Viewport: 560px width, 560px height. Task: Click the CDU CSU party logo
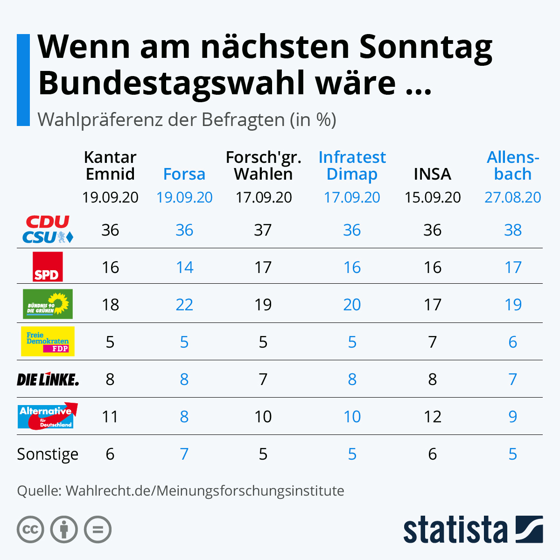(x=48, y=230)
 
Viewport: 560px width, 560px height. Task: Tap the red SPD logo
(x=48, y=267)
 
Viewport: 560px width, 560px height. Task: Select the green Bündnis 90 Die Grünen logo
(x=48, y=304)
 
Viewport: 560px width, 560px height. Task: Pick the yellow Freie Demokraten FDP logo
(x=48, y=342)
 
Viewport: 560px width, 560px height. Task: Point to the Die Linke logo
(x=48, y=379)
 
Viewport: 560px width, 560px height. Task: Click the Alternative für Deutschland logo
(x=48, y=416)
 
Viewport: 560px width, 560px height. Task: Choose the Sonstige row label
(x=48, y=454)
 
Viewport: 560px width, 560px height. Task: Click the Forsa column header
(x=184, y=174)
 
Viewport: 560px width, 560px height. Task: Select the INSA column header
(x=433, y=174)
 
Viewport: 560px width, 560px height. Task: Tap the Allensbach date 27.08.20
(x=513, y=197)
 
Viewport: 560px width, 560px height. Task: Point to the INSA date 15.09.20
(x=433, y=197)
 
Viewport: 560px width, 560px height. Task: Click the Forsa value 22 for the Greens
(x=184, y=305)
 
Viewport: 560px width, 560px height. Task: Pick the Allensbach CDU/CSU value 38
(x=513, y=230)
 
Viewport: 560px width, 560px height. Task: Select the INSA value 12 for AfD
(x=433, y=417)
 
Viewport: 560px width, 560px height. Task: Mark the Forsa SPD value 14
(x=184, y=267)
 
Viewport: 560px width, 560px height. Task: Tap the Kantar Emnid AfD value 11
(x=110, y=417)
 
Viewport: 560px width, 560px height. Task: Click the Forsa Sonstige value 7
(x=184, y=454)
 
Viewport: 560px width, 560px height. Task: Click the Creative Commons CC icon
(x=30, y=530)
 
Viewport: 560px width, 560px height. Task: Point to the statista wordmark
(x=455, y=530)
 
